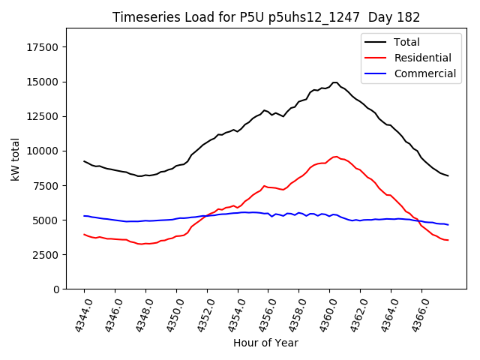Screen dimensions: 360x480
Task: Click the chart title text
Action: click(x=266, y=17)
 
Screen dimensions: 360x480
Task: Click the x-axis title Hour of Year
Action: click(x=265, y=343)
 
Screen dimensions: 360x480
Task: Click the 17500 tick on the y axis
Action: click(x=42, y=47)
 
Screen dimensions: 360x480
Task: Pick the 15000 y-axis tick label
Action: click(x=42, y=82)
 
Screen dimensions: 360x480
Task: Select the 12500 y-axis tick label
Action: click(x=42, y=116)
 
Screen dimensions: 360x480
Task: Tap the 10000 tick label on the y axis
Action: click(x=42, y=151)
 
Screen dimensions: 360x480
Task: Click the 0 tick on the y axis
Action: click(x=56, y=289)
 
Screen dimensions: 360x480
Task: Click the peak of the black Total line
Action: click(x=335, y=82)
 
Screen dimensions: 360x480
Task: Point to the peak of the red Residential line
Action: click(x=335, y=157)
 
